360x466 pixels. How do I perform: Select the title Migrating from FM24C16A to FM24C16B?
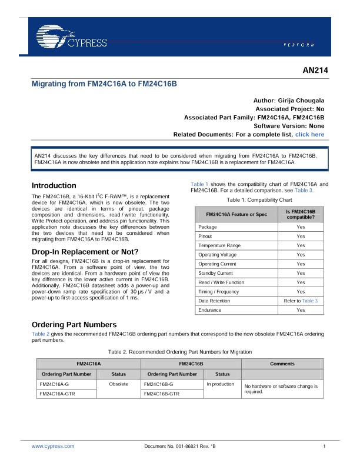pyautogui.click(x=104, y=84)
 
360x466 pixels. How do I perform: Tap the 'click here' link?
pyautogui.click(x=309, y=135)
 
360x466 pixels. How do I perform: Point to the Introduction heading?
pyautogui.click(x=54, y=185)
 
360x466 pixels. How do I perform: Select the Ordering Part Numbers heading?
pyautogui.click(x=74, y=325)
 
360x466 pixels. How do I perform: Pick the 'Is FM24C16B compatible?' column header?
pyautogui.click(x=301, y=214)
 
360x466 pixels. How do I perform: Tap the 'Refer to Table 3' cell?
pyautogui.click(x=301, y=301)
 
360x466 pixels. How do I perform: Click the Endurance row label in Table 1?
pyautogui.click(x=210, y=310)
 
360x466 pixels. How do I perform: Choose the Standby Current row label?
pyautogui.click(x=216, y=273)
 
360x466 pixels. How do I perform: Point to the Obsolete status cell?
pyautogui.click(x=119, y=384)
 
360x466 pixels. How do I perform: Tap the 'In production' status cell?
pyautogui.click(x=221, y=384)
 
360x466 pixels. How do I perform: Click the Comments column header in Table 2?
pyautogui.click(x=282, y=364)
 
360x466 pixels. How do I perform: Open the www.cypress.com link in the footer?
pyautogui.click(x=49, y=447)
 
